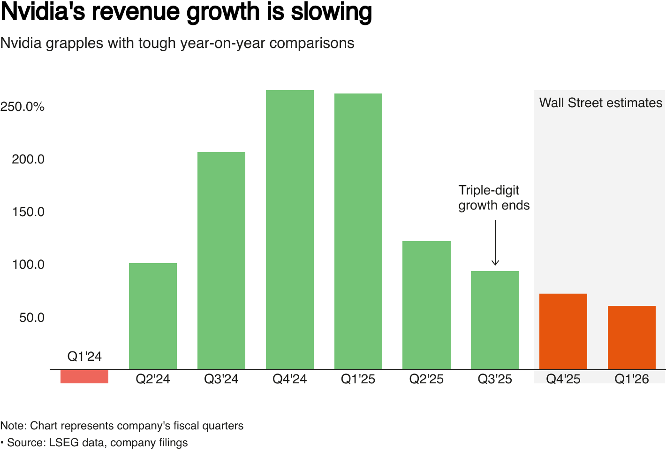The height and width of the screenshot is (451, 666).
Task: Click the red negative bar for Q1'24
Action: tap(84, 377)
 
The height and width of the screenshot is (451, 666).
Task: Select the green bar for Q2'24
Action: tap(153, 316)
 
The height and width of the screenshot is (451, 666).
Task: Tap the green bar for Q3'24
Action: tap(221, 261)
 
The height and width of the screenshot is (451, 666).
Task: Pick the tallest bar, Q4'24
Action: tap(290, 230)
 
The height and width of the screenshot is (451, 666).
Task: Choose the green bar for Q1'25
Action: tap(358, 232)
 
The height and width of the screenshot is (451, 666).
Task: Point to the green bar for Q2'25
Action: tap(427, 305)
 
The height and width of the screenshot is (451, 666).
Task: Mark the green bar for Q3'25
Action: tap(495, 320)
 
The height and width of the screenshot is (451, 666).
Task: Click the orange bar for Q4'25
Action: tap(563, 332)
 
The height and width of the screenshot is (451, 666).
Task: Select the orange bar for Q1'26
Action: tap(632, 338)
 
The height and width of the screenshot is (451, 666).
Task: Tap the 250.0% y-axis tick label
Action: tap(23, 107)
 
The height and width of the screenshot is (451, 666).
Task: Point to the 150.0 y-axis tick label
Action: tap(28, 212)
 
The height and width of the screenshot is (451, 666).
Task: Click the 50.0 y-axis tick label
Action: tap(32, 318)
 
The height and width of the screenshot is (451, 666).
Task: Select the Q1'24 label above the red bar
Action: tap(84, 357)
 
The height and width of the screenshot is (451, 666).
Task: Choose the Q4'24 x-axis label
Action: tap(290, 379)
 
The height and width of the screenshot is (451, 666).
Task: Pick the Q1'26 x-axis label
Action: tap(632, 379)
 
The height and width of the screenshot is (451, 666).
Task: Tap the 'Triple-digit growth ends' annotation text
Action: tap(494, 198)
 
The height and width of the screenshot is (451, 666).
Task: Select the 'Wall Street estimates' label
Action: tap(601, 103)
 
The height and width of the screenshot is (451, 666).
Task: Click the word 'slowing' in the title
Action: tap(331, 12)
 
